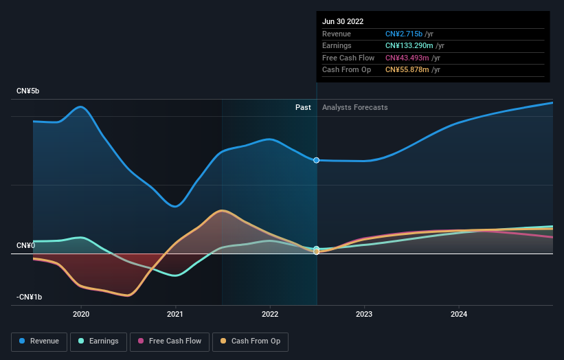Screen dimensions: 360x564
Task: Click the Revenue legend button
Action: pos(39,341)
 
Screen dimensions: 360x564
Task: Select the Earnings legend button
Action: pos(98,341)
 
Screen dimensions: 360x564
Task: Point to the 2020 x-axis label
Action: pos(81,314)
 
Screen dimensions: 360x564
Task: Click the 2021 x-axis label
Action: pos(175,314)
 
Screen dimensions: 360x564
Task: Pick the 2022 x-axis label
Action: pos(270,314)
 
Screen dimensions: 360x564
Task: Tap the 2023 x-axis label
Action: pos(364,314)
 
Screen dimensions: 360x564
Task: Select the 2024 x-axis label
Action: pos(459,314)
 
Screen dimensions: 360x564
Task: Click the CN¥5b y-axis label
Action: pos(28,91)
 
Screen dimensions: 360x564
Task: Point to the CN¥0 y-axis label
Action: pos(25,245)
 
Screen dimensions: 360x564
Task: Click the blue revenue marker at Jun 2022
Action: pos(317,160)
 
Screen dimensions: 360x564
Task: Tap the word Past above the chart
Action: pos(303,107)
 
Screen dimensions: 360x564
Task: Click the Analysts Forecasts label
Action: pos(354,107)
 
